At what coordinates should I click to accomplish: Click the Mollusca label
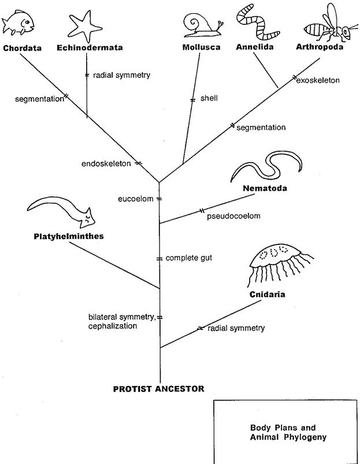click(x=201, y=47)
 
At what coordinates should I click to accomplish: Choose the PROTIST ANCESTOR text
click(x=158, y=388)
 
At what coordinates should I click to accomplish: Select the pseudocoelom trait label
click(x=233, y=216)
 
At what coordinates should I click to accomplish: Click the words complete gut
click(x=189, y=257)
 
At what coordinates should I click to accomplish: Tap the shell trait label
click(x=209, y=98)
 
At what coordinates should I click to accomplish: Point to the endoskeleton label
click(x=109, y=164)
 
